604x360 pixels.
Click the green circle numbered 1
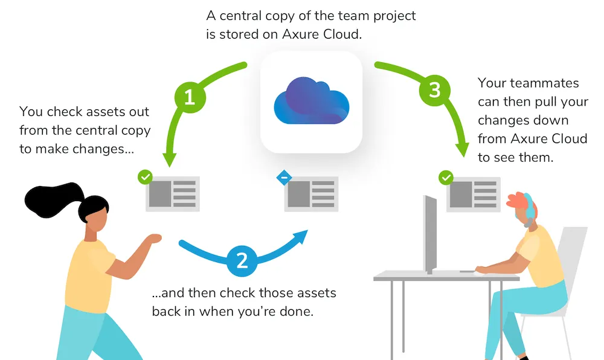pyautogui.click(x=190, y=97)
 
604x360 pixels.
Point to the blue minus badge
pyautogui.click(x=284, y=178)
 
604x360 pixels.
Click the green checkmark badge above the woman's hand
pyautogui.click(x=145, y=178)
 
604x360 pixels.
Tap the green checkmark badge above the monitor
pyautogui.click(x=446, y=178)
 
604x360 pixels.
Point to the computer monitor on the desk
pyautogui.click(x=430, y=233)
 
